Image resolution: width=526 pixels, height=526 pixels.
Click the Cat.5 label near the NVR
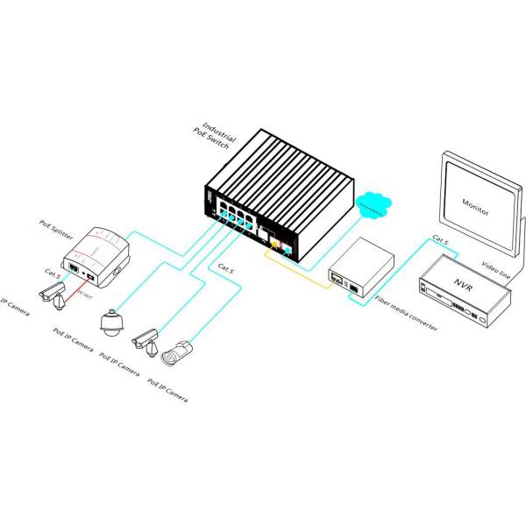pos(441,238)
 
